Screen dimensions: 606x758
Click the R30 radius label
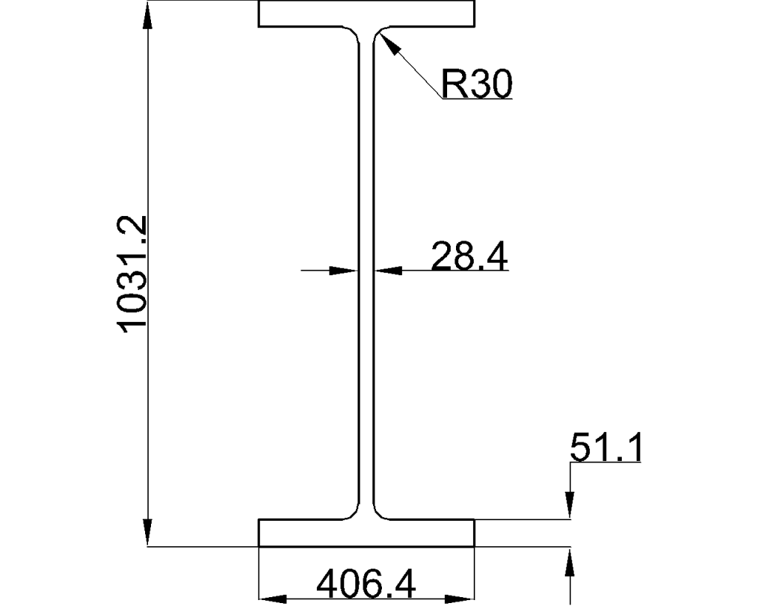click(476, 84)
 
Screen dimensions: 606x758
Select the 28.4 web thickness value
click(469, 257)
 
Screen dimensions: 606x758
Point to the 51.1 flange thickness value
click(605, 448)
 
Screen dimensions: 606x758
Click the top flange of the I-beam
click(366, 14)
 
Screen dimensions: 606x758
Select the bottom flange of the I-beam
click(366, 532)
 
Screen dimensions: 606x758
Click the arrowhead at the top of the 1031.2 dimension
click(148, 15)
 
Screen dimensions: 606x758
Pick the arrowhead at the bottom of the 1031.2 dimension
click(148, 534)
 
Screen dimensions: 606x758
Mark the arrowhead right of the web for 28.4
click(386, 270)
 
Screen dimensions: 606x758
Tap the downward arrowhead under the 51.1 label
click(569, 507)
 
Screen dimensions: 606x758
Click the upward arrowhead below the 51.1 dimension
click(569, 559)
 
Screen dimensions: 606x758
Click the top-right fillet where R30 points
click(378, 35)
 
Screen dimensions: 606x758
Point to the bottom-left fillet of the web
click(353, 513)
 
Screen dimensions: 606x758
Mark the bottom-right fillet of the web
click(378, 513)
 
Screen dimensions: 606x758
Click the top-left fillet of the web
click(353, 34)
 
